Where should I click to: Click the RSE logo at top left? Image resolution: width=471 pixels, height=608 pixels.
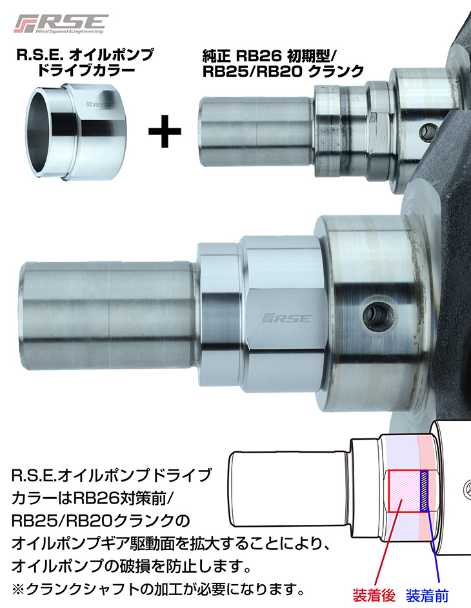coord(61,24)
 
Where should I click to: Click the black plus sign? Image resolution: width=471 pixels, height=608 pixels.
coord(165,131)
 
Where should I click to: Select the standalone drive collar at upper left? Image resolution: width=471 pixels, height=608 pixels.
coord(76,132)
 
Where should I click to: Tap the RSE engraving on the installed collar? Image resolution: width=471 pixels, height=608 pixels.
coord(287,319)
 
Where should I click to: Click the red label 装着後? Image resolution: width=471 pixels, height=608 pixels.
coord(374,595)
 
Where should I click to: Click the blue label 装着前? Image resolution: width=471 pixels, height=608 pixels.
coord(426,595)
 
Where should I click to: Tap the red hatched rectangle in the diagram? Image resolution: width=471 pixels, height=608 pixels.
coord(405,491)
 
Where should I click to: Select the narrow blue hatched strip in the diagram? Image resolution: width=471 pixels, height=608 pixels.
coord(425,491)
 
